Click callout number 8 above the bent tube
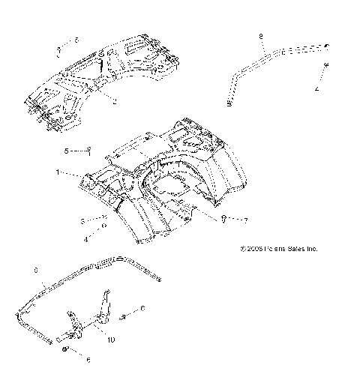coord(260,36)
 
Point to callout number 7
coord(244,220)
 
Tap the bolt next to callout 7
coord(224,218)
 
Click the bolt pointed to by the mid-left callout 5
coord(90,152)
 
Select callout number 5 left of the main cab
coord(66,151)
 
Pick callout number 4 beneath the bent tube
coord(316,88)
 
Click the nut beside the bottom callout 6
coord(67,352)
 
